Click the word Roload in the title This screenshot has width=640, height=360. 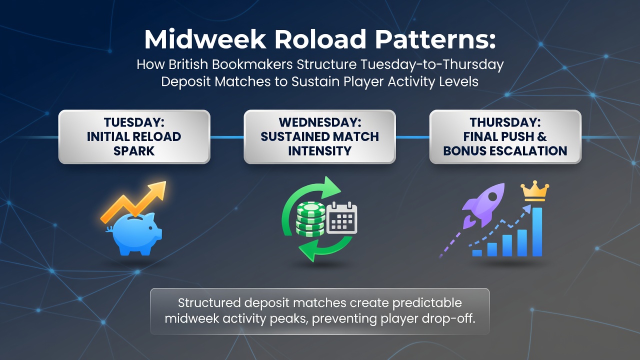tap(320, 39)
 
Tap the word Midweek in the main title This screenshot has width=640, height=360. tap(205, 39)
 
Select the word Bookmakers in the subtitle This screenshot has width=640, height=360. tap(252, 64)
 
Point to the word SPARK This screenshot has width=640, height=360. tap(134, 151)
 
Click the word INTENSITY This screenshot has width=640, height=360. tap(319, 151)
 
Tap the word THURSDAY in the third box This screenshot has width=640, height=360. tap(505, 122)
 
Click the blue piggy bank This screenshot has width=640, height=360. tap(134, 234)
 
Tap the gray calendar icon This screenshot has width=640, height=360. tap(341, 217)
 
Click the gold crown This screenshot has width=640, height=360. tap(535, 190)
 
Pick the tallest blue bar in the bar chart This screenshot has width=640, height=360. tap(537, 231)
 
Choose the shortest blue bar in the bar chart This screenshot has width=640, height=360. tap(477, 253)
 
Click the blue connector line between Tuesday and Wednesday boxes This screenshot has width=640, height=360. tap(227, 137)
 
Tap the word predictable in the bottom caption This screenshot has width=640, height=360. tap(427, 303)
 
